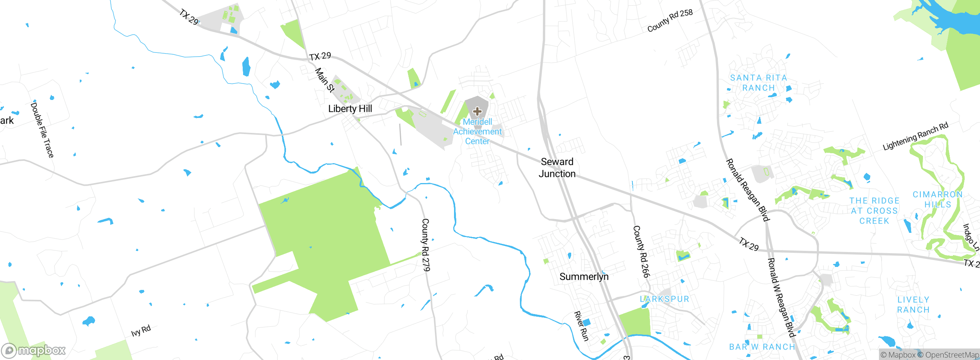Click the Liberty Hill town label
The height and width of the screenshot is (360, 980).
(x=350, y=109)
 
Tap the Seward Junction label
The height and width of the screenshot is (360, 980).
(x=557, y=168)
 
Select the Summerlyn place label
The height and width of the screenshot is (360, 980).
(x=584, y=277)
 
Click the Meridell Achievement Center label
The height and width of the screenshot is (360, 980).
(x=477, y=131)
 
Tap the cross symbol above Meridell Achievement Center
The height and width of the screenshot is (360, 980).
(x=477, y=111)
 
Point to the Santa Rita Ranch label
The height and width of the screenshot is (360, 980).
(x=758, y=83)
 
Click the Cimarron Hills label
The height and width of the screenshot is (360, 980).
(x=938, y=199)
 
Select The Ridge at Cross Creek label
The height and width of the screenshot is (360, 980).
(x=874, y=211)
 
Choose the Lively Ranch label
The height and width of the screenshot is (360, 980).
(x=913, y=304)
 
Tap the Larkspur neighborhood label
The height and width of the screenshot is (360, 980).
(x=665, y=299)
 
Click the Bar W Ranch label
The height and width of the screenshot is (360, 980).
(x=762, y=347)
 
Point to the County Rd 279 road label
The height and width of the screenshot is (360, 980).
(x=426, y=245)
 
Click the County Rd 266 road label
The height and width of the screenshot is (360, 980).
(x=641, y=251)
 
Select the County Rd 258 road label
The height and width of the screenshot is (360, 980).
(x=670, y=20)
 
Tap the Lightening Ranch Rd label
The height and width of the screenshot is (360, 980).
(x=915, y=136)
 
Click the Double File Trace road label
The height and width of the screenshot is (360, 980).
(x=42, y=129)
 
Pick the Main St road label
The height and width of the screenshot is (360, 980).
(x=325, y=80)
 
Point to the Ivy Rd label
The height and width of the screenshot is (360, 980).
(x=141, y=331)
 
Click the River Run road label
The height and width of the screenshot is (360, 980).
(x=581, y=326)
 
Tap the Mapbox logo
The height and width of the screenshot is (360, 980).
(x=34, y=350)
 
